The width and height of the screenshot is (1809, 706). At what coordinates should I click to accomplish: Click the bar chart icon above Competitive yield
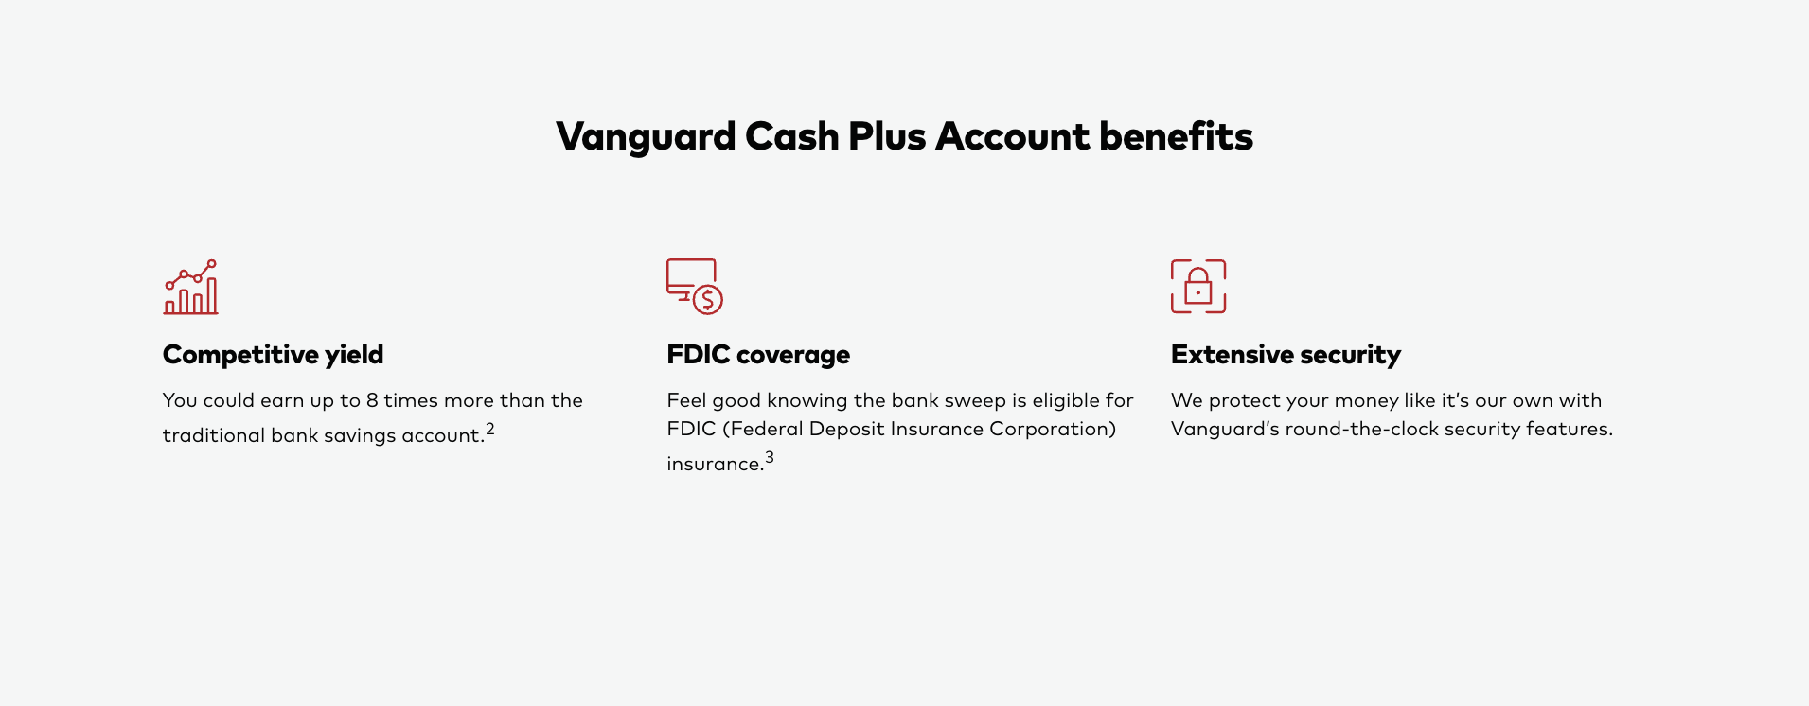click(190, 287)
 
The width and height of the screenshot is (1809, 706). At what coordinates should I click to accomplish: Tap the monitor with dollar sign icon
click(694, 286)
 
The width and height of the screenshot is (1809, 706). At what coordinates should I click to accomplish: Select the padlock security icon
click(1198, 287)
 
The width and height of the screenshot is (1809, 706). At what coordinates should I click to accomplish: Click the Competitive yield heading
click(273, 355)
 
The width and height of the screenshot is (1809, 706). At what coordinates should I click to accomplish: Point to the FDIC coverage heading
click(758, 355)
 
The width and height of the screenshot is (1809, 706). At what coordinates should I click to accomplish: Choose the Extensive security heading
click(1286, 355)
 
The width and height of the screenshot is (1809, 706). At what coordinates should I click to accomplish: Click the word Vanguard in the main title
click(646, 136)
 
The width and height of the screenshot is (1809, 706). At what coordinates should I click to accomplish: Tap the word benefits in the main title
click(1177, 136)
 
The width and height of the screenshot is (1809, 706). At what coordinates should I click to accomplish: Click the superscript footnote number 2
click(490, 429)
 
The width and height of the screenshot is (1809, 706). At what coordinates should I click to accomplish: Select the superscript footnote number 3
click(770, 457)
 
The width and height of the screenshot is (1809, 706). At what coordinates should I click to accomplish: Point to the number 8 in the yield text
click(372, 400)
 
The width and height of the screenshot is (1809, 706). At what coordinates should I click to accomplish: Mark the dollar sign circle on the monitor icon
click(708, 300)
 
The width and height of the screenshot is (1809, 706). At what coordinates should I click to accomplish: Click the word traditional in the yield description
click(214, 435)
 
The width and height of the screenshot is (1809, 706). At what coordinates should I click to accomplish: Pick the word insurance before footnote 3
click(715, 464)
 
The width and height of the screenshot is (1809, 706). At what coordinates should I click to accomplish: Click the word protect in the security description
click(1244, 401)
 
